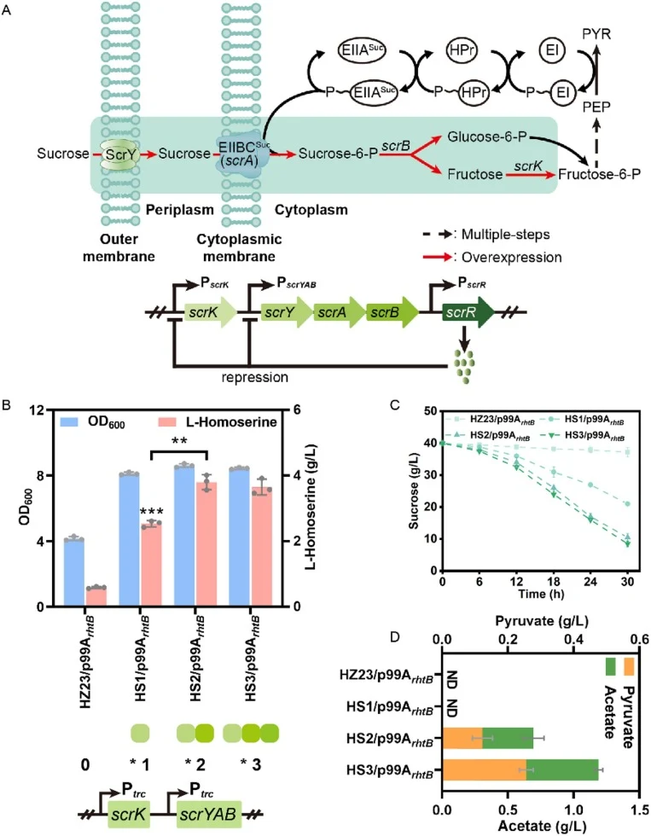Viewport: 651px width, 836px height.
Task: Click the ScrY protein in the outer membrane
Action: [x=119, y=154]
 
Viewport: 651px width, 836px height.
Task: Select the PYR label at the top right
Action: [x=596, y=35]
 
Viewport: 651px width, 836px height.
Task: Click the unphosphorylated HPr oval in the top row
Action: [x=461, y=50]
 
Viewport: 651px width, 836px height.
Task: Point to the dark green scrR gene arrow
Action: [x=468, y=312]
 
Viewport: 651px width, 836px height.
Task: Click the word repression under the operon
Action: [x=255, y=377]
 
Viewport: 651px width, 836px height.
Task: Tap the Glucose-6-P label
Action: [x=487, y=137]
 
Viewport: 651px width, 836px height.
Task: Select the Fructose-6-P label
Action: [x=599, y=174]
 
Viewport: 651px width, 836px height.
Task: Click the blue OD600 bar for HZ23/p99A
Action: [x=73, y=573]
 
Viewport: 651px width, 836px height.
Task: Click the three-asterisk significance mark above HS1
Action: [x=151, y=513]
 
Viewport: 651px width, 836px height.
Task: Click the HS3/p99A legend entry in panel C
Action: [x=584, y=436]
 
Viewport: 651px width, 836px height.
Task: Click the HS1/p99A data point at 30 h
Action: [x=628, y=504]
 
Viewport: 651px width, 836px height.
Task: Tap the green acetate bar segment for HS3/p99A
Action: [x=562, y=769]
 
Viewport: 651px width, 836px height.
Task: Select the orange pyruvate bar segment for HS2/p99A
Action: [x=462, y=739]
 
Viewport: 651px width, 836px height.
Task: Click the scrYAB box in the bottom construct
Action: [x=208, y=814]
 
